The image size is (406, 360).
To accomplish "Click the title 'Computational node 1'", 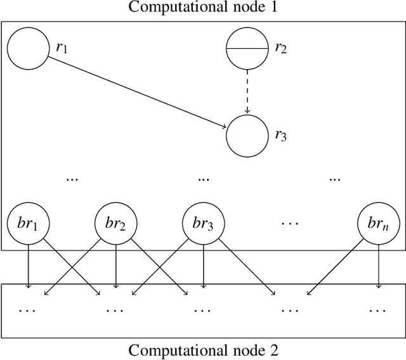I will click(x=203, y=8).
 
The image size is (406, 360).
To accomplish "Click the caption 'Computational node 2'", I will click(x=203, y=350).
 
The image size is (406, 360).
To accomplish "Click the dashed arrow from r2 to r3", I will click(x=247, y=92).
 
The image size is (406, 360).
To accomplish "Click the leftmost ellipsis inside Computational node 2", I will click(x=28, y=311).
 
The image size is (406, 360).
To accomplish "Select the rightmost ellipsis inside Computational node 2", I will click(x=378, y=311).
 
